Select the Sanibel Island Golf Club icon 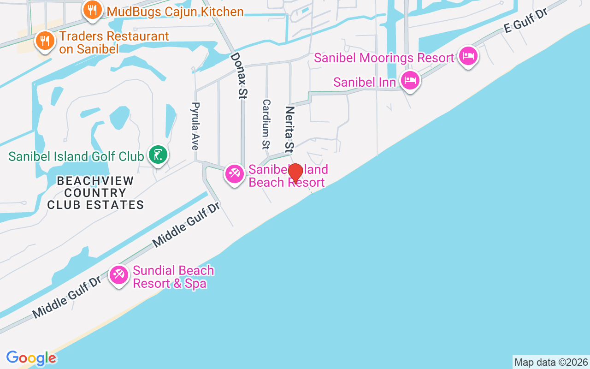point(158,154)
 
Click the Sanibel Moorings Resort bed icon point(468,56)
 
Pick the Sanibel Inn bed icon point(410,81)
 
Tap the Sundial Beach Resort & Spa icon point(119,275)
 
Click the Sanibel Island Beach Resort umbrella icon point(235,174)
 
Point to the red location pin point(295,173)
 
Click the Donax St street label point(240,76)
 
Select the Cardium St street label point(266,124)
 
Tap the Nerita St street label point(289,130)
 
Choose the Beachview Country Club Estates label point(95,193)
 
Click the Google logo point(31,358)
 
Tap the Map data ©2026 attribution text point(551,362)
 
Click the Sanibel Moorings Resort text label point(384,58)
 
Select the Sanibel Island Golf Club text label point(76,156)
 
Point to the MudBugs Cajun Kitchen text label point(175,12)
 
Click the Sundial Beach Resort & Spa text point(173,277)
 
